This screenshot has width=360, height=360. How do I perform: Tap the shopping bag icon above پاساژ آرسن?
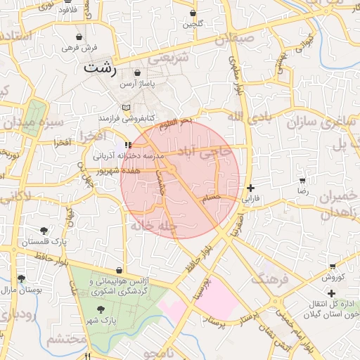click(x=136, y=72)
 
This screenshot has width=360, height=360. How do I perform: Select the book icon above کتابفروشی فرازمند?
click(x=127, y=107)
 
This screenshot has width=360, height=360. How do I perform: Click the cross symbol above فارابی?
click(x=251, y=188)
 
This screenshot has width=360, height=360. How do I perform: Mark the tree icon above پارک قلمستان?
click(x=44, y=231)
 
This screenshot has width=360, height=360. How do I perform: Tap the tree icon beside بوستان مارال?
click(x=22, y=279)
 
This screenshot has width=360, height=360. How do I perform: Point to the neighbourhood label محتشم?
click(x=66, y=340)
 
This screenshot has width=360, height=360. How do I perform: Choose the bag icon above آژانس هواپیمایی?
click(x=119, y=270)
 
